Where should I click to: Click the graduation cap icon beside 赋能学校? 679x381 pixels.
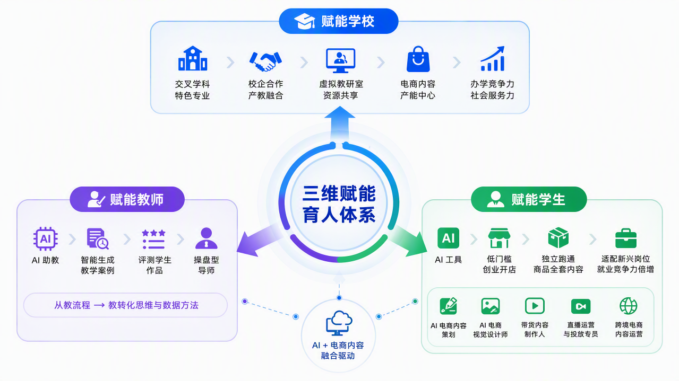(x=305, y=21)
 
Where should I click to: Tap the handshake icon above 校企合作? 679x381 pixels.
(x=265, y=61)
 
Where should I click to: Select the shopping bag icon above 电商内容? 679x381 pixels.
(x=418, y=59)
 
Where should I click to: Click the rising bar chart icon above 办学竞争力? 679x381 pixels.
(x=493, y=59)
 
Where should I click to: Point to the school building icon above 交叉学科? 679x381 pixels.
(x=193, y=58)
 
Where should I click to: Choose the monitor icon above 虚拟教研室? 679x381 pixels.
(x=340, y=60)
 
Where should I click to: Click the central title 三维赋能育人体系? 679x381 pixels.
(x=339, y=204)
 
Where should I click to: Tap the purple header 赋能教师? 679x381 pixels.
(x=127, y=199)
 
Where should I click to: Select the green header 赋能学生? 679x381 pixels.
(x=529, y=199)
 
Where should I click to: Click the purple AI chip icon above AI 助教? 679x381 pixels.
(x=46, y=239)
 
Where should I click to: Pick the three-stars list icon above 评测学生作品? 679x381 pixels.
(x=153, y=239)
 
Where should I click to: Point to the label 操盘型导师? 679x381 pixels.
(x=206, y=265)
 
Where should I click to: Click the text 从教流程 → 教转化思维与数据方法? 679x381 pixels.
(x=126, y=305)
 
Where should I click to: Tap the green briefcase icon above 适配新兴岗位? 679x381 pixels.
(x=626, y=238)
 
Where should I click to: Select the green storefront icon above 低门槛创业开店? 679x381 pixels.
(x=499, y=238)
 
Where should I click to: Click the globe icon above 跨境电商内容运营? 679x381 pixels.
(x=629, y=306)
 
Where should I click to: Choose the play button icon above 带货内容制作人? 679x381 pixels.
(x=535, y=306)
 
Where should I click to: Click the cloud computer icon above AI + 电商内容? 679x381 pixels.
(x=339, y=323)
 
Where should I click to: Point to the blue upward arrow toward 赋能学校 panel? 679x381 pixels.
(x=340, y=123)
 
